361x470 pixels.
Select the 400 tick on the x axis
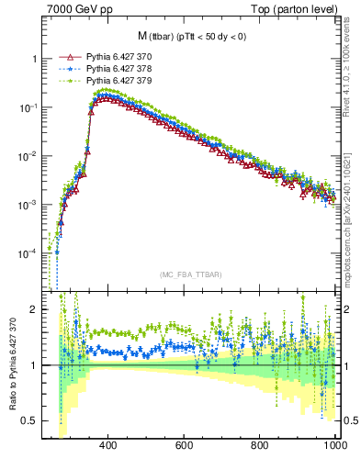coord(107,445)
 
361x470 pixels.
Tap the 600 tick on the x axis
coord(184,445)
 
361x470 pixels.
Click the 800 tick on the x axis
coord(260,445)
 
